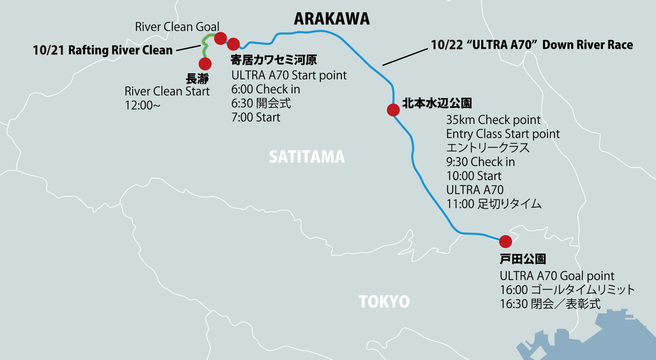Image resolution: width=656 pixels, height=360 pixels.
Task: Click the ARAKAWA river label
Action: [332, 19]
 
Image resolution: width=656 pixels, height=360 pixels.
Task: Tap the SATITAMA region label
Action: [307, 157]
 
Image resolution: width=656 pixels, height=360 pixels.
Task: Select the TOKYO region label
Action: [384, 302]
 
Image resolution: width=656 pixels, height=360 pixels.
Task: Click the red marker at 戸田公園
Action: [505, 241]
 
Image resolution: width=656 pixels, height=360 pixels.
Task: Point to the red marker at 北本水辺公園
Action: [393, 110]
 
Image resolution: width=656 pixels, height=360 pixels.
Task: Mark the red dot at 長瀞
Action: [205, 64]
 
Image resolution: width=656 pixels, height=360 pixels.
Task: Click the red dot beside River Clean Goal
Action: [220, 38]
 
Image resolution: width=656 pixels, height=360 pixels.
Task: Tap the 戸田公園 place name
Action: [523, 259]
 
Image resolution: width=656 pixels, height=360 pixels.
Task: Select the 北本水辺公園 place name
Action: [437, 103]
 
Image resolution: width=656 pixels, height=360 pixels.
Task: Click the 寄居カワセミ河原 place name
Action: [273, 60]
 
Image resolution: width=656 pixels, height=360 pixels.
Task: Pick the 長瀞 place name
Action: [197, 78]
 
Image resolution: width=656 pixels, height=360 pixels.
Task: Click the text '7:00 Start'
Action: [255, 118]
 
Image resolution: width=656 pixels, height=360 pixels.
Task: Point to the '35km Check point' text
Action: [493, 120]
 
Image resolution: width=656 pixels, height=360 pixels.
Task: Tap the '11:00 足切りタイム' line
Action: [493, 204]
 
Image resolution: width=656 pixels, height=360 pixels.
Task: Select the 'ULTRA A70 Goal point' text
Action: [557, 276]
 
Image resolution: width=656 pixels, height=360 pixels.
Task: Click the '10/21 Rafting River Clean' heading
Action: [103, 50]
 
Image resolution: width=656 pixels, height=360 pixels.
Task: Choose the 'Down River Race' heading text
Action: [587, 45]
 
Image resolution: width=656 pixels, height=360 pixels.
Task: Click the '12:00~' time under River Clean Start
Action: [142, 106]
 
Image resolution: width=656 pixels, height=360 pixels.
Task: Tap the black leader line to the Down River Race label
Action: [405, 57]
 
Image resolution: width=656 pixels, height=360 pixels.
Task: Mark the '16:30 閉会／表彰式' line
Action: [550, 304]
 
